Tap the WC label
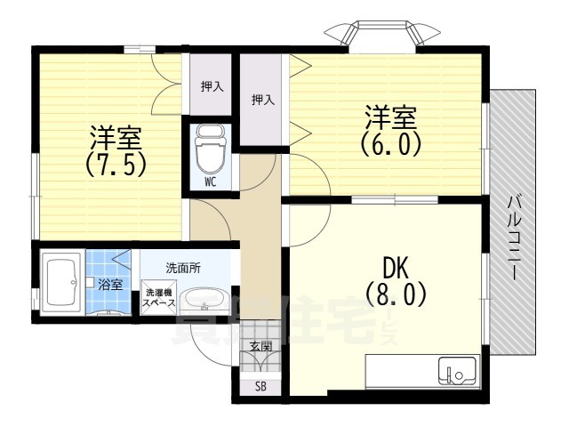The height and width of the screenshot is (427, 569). pyautogui.click(x=211, y=182)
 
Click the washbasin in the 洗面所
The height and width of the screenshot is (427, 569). pyautogui.click(x=203, y=299)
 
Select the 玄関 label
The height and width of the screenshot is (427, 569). pyautogui.click(x=260, y=346)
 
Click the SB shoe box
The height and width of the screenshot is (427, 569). pyautogui.click(x=260, y=386)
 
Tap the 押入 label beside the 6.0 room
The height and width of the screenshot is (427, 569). pyautogui.click(x=262, y=100)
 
